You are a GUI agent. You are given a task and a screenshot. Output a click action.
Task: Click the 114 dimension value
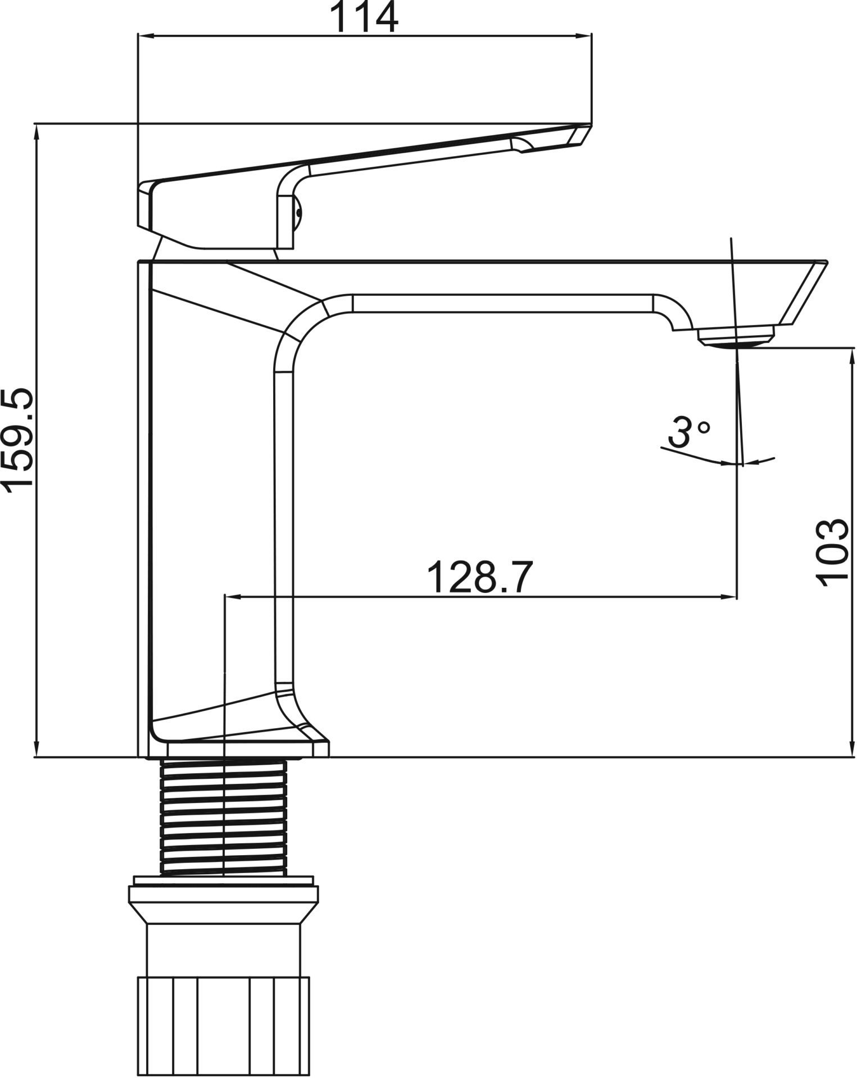click(365, 18)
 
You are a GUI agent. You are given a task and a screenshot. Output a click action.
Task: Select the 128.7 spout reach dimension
click(479, 576)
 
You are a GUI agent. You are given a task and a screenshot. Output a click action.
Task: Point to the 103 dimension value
click(832, 552)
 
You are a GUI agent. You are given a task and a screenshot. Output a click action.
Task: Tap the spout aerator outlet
click(736, 339)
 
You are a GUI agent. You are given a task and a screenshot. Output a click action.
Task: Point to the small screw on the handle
click(298, 212)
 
